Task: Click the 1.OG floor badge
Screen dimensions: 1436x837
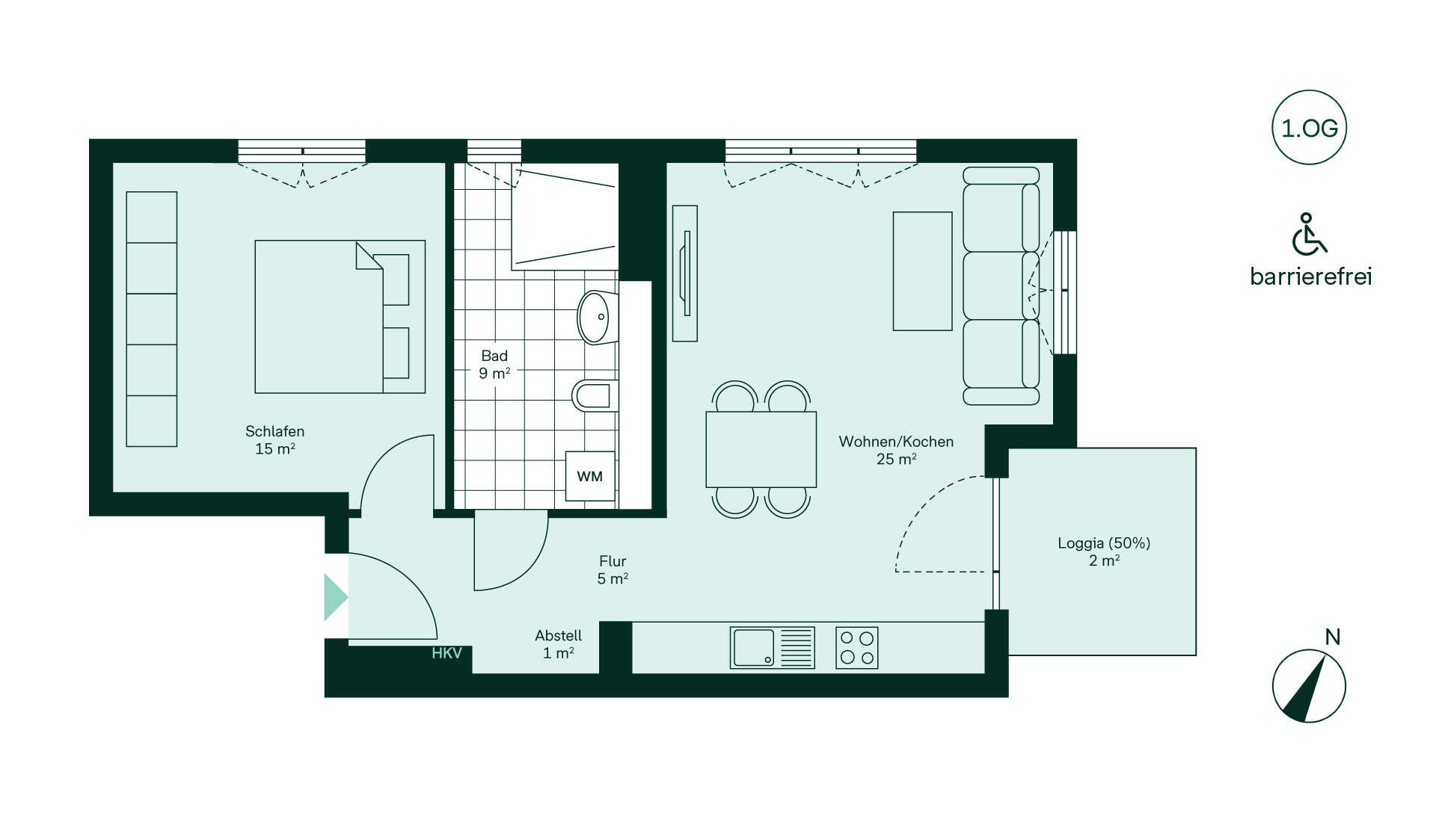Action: point(1309,128)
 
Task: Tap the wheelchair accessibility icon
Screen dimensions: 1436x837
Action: point(1309,234)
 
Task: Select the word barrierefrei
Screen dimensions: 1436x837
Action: point(1311,277)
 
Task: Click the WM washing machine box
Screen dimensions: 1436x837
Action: point(590,476)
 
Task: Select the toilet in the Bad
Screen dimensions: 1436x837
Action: point(595,395)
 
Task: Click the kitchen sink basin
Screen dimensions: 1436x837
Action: point(753,647)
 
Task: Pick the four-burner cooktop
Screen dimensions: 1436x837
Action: point(857,647)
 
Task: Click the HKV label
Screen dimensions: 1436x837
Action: point(447,653)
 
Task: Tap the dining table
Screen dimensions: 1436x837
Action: point(761,449)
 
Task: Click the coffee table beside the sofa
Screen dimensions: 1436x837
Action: point(923,271)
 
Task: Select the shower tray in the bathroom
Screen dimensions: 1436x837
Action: point(565,217)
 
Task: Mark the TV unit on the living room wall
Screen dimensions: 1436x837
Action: point(685,274)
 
